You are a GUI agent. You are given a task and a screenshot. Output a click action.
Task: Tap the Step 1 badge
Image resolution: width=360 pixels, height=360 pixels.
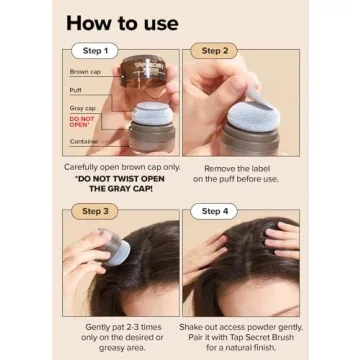(95, 51)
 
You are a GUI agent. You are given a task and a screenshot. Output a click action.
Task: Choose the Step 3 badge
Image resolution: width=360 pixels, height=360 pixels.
(95, 211)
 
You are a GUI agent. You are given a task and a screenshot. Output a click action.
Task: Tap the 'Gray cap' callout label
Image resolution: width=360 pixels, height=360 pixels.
(82, 107)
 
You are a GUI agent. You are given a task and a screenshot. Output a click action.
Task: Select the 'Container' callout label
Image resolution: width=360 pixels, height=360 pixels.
(83, 142)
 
